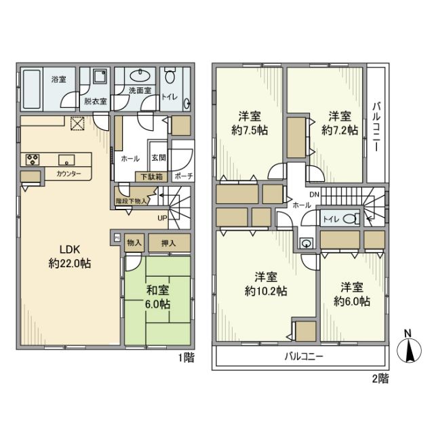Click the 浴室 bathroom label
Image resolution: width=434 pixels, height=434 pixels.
pyautogui.click(x=58, y=79)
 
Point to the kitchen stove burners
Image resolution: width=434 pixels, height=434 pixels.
pyautogui.click(x=32, y=160)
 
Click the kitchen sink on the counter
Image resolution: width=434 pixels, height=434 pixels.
pyautogui.click(x=66, y=160)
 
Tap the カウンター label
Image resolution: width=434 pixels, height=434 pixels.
pyautogui.click(x=68, y=174)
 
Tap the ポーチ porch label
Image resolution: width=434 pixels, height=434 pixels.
pyautogui.click(x=182, y=176)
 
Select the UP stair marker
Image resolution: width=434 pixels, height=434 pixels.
pyautogui.click(x=162, y=218)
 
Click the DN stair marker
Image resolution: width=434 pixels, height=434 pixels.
pyautogui.click(x=313, y=194)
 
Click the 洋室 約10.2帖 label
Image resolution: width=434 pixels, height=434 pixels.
pyautogui.click(x=265, y=283)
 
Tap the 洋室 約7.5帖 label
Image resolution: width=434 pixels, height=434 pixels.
pyautogui.click(x=248, y=123)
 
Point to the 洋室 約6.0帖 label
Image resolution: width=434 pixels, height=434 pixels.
pyautogui.click(x=351, y=294)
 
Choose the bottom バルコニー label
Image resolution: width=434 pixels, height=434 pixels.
pyautogui.click(x=302, y=356)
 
